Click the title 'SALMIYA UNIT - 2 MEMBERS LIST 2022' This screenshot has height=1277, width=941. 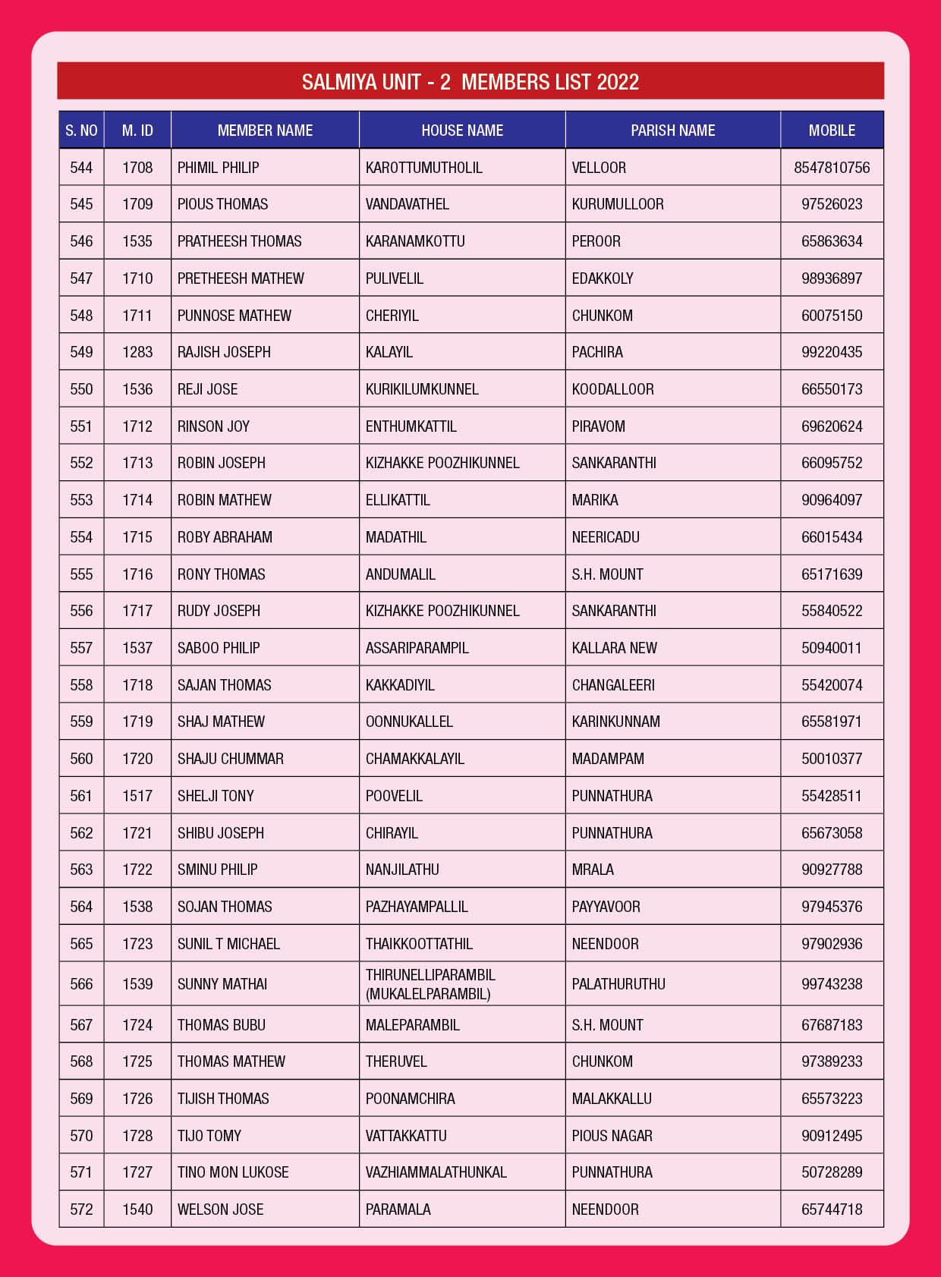pyautogui.click(x=470, y=82)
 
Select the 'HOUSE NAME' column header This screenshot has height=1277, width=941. pyautogui.click(x=462, y=131)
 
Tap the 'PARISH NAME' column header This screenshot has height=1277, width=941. pyautogui.click(x=672, y=131)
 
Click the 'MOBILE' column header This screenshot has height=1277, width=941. pyautogui.click(x=832, y=131)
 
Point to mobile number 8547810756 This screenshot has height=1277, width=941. pyautogui.click(x=832, y=168)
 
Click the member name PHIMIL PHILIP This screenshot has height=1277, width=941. pyautogui.click(x=219, y=168)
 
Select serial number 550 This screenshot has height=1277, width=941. pyautogui.click(x=81, y=389)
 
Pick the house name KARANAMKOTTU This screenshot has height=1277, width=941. pyautogui.click(x=415, y=241)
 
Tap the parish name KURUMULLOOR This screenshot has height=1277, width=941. pyautogui.click(x=618, y=204)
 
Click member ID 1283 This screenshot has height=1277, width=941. pyautogui.click(x=137, y=352)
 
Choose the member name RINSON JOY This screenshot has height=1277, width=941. pyautogui.click(x=213, y=426)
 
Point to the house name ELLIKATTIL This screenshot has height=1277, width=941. pyautogui.click(x=398, y=500)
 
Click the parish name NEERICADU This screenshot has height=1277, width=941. pyautogui.click(x=606, y=537)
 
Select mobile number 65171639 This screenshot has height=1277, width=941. pyautogui.click(x=832, y=574)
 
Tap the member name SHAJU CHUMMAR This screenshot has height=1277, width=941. pyautogui.click(x=231, y=759)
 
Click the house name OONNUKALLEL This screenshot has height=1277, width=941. pyautogui.click(x=409, y=722)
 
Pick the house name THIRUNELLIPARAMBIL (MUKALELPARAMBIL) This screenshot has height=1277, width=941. pyautogui.click(x=430, y=984)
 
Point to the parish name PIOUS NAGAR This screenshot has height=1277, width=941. pyautogui.click(x=612, y=1136)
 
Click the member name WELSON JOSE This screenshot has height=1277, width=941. pyautogui.click(x=221, y=1209)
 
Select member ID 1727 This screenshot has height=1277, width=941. pyautogui.click(x=137, y=1172)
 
